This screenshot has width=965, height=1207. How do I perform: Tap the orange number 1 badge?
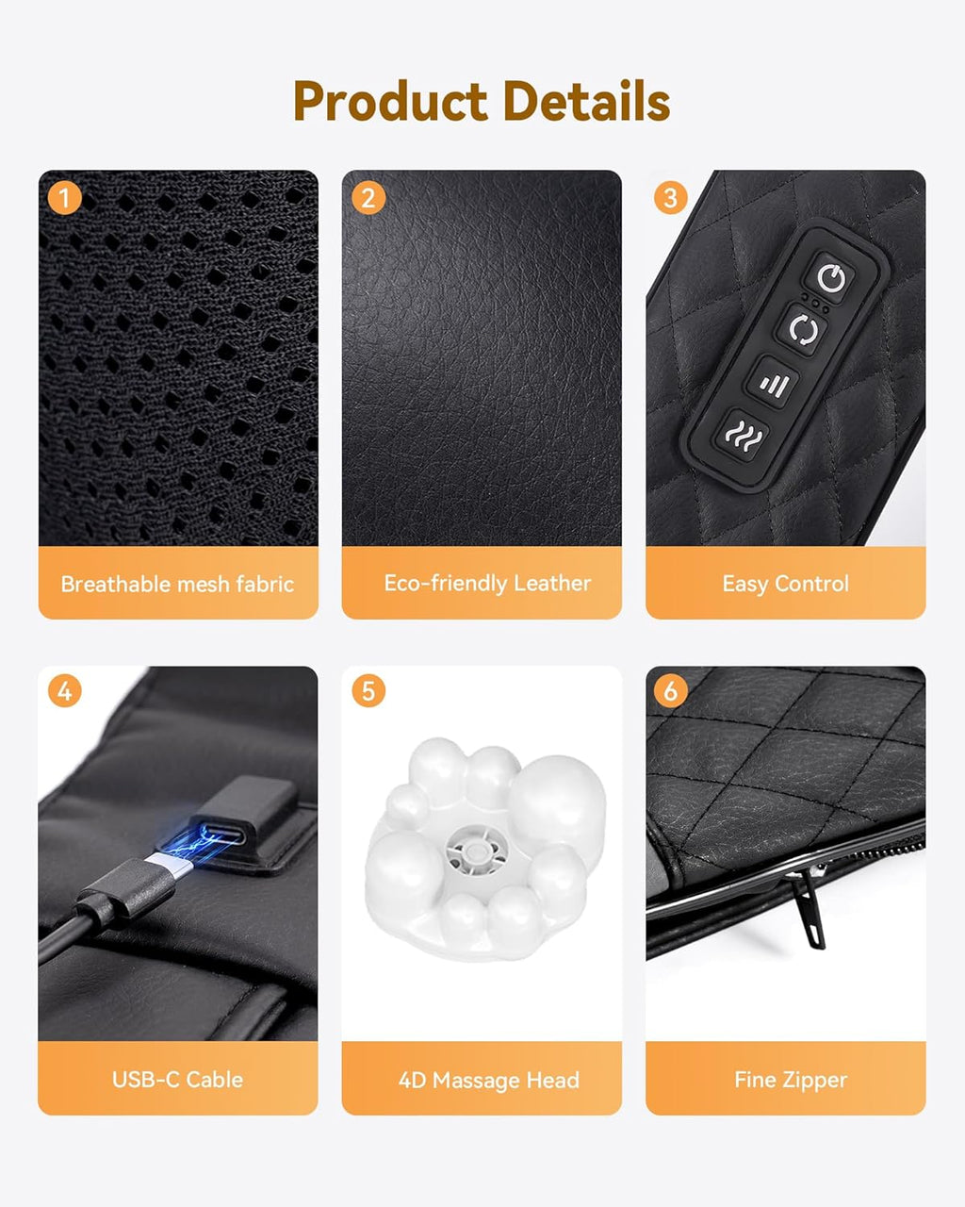tap(64, 198)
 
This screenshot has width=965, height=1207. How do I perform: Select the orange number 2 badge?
tap(368, 198)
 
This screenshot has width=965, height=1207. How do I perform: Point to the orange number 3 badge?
tap(671, 197)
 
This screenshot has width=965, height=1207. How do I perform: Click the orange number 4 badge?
tap(64, 691)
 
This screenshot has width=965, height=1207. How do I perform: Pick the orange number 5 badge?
tap(368, 691)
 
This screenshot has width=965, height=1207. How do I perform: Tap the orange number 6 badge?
tap(671, 691)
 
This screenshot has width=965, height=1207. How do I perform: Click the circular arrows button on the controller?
tap(804, 330)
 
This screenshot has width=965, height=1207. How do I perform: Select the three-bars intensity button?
tap(775, 384)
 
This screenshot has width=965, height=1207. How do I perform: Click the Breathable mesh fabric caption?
tap(177, 585)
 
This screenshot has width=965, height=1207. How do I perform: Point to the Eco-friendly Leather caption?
tap(487, 584)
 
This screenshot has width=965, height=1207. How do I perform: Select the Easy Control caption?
tap(786, 584)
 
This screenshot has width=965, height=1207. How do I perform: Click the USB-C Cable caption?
tap(177, 1079)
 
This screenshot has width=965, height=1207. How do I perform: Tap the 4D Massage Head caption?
tap(488, 1080)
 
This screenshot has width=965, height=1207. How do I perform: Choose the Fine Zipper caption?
tap(791, 1080)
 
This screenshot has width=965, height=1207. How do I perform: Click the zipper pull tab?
tap(808, 909)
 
